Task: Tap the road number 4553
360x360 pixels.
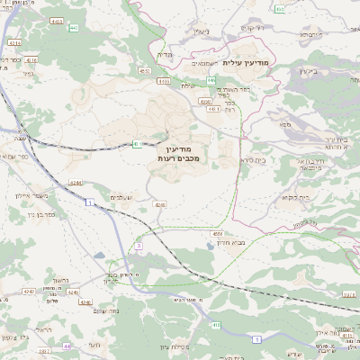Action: coord(144,69)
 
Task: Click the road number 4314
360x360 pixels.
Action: coord(14,42)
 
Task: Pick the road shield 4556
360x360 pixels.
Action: coord(219,234)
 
